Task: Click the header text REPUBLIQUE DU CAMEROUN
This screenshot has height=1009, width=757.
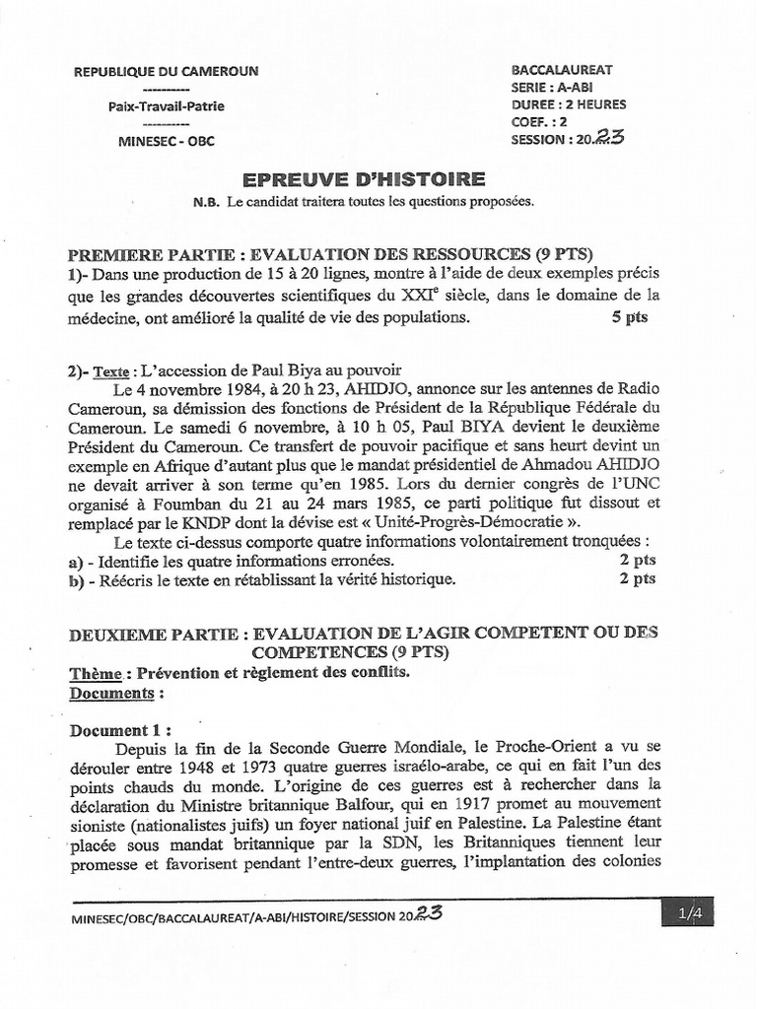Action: (167, 71)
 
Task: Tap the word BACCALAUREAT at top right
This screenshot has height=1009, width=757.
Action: (562, 70)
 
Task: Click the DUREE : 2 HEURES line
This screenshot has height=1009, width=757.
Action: (569, 104)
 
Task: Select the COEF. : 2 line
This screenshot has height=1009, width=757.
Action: (539, 122)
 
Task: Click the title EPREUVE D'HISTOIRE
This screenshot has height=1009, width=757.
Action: (364, 178)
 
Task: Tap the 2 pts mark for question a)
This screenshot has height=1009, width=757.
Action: (637, 560)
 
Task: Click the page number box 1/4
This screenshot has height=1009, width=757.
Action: (688, 914)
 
